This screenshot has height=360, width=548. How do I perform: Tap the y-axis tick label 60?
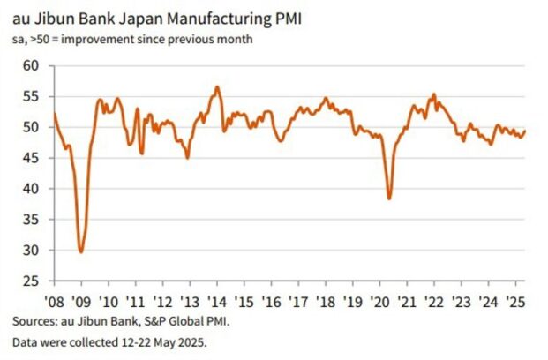pyautogui.click(x=33, y=66)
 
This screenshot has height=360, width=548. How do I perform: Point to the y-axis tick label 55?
pyautogui.click(x=33, y=97)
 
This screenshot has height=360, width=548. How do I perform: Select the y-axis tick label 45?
pyautogui.click(x=33, y=159)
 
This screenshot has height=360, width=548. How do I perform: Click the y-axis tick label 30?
pyautogui.click(x=33, y=251)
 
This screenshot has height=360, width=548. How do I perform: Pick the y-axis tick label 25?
pyautogui.click(x=33, y=281)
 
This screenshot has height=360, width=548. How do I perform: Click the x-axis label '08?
pyautogui.click(x=55, y=301)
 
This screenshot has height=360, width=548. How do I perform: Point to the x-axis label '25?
pyautogui.click(x=515, y=301)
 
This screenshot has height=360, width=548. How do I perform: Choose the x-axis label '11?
pyautogui.click(x=135, y=301)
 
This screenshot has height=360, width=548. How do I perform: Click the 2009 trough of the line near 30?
pyautogui.click(x=81, y=251)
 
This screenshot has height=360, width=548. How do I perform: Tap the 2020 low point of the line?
pyautogui.click(x=389, y=199)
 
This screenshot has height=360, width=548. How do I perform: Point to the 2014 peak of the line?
pyautogui.click(x=217, y=86)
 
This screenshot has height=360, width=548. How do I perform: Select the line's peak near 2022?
pyautogui.click(x=433, y=94)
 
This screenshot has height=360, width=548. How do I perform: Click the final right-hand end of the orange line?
pyautogui.click(x=525, y=131)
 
